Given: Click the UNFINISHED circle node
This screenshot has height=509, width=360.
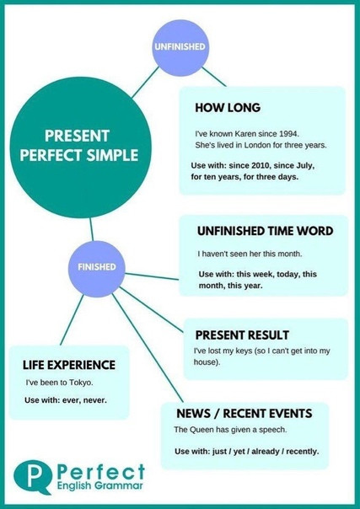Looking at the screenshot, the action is click(x=180, y=48).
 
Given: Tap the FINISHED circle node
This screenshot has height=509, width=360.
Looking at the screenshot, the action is click(x=97, y=267).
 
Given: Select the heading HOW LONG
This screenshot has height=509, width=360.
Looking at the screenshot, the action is click(x=228, y=108).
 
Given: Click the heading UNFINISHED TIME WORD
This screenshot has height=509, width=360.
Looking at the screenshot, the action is click(x=266, y=231).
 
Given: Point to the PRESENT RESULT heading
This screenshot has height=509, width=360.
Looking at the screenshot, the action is click(x=242, y=335).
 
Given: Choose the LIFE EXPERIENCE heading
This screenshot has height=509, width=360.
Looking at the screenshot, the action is click(x=69, y=365).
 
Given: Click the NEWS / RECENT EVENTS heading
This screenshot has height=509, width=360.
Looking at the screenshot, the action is click(x=244, y=414).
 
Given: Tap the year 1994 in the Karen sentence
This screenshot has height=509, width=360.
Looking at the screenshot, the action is click(x=289, y=134).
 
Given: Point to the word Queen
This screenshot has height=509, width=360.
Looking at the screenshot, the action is click(x=199, y=430).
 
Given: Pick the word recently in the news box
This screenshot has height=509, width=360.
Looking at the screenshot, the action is click(x=302, y=451).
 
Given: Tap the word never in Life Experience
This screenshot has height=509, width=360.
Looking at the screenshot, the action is click(x=94, y=400).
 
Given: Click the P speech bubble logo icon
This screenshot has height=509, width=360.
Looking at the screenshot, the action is click(x=32, y=477).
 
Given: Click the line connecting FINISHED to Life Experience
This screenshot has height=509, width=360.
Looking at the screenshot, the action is click(x=72, y=320).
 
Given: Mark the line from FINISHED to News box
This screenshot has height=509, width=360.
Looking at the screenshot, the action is click(x=148, y=348).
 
